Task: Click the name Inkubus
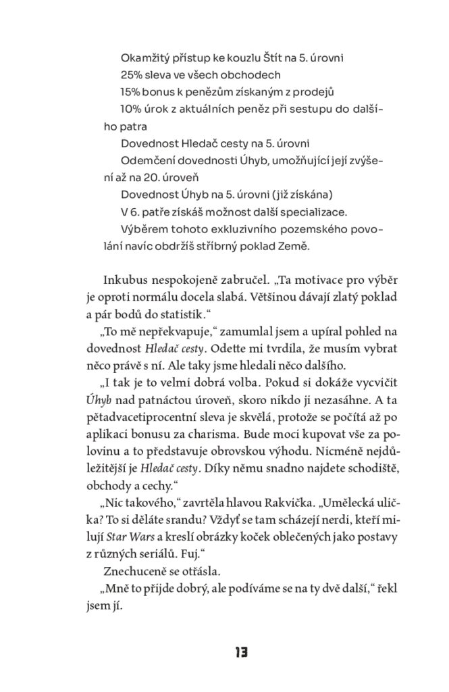(x=127, y=281)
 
